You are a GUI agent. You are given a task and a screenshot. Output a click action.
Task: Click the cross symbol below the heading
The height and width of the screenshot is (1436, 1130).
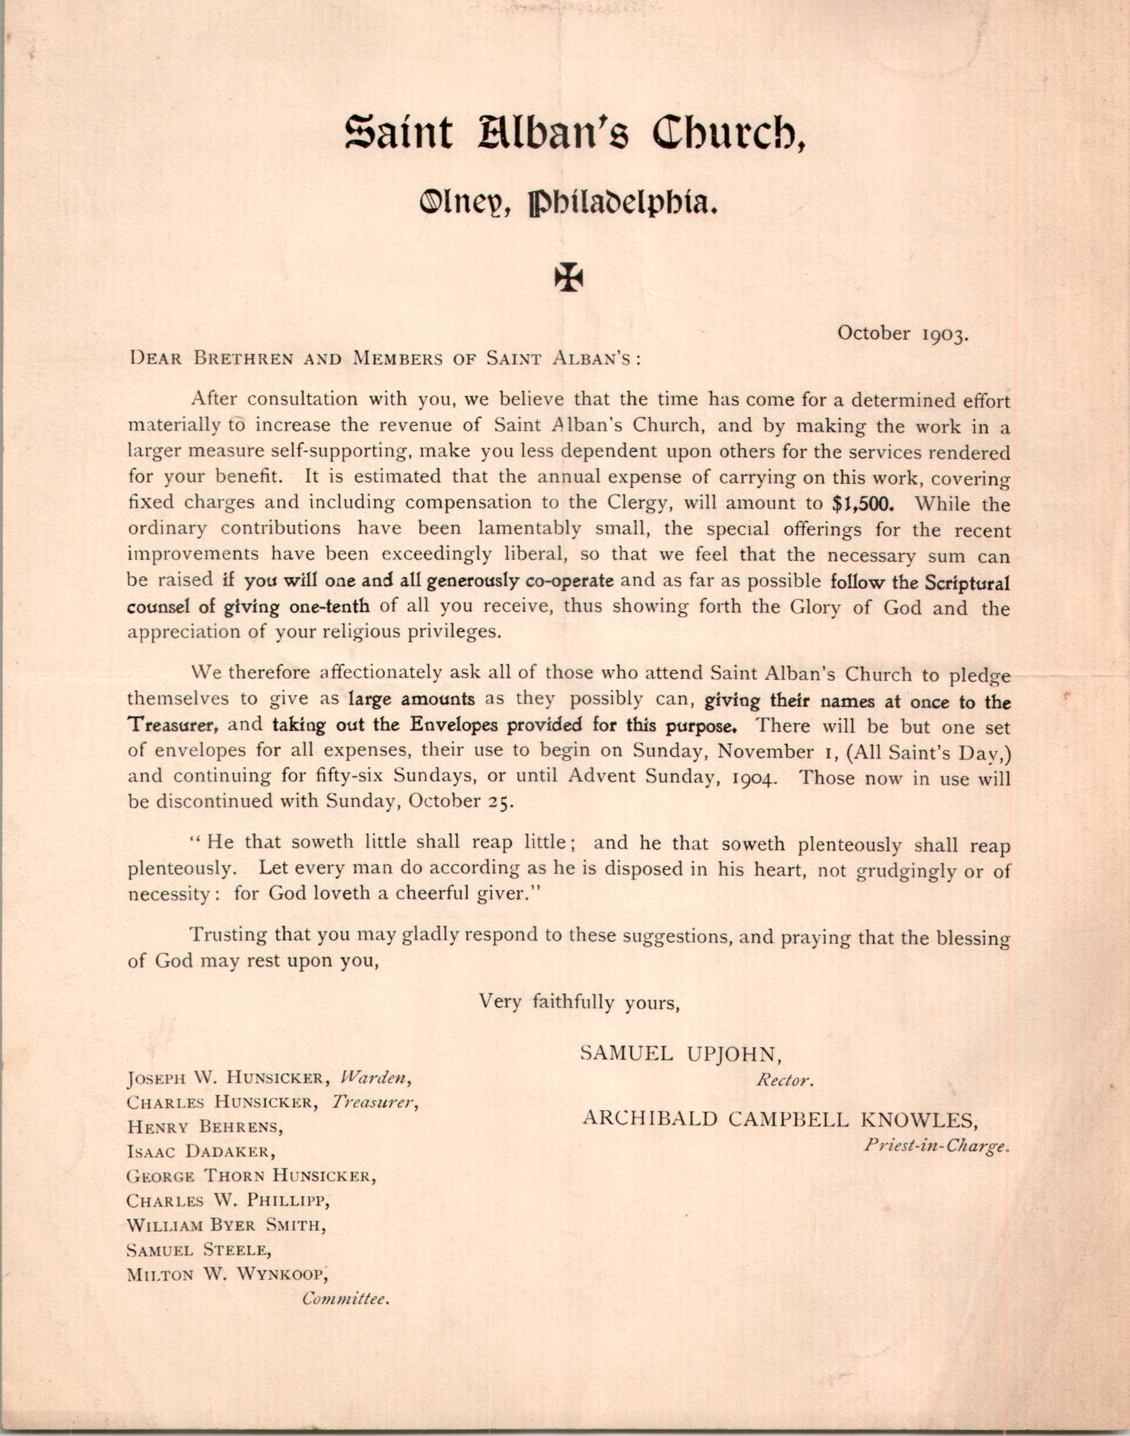point(569,279)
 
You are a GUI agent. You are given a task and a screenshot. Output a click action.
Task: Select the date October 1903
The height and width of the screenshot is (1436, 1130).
point(903,333)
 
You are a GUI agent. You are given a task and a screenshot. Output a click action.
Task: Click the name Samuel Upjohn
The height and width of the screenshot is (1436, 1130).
point(681,1053)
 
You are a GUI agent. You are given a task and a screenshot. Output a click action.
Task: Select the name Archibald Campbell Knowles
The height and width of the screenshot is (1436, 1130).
point(781,1118)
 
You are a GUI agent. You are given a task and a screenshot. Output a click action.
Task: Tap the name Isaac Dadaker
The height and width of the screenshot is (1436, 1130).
point(200,1151)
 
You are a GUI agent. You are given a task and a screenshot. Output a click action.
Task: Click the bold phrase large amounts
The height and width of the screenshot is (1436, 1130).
point(412,699)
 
